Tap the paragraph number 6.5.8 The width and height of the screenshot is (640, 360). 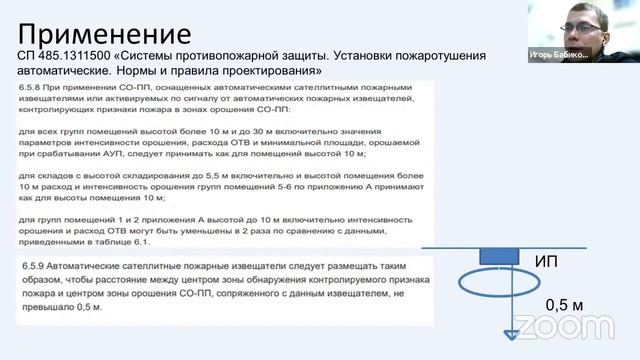pyautogui.click(x=32, y=91)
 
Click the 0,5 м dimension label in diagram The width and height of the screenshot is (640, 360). pyautogui.click(x=563, y=304)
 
